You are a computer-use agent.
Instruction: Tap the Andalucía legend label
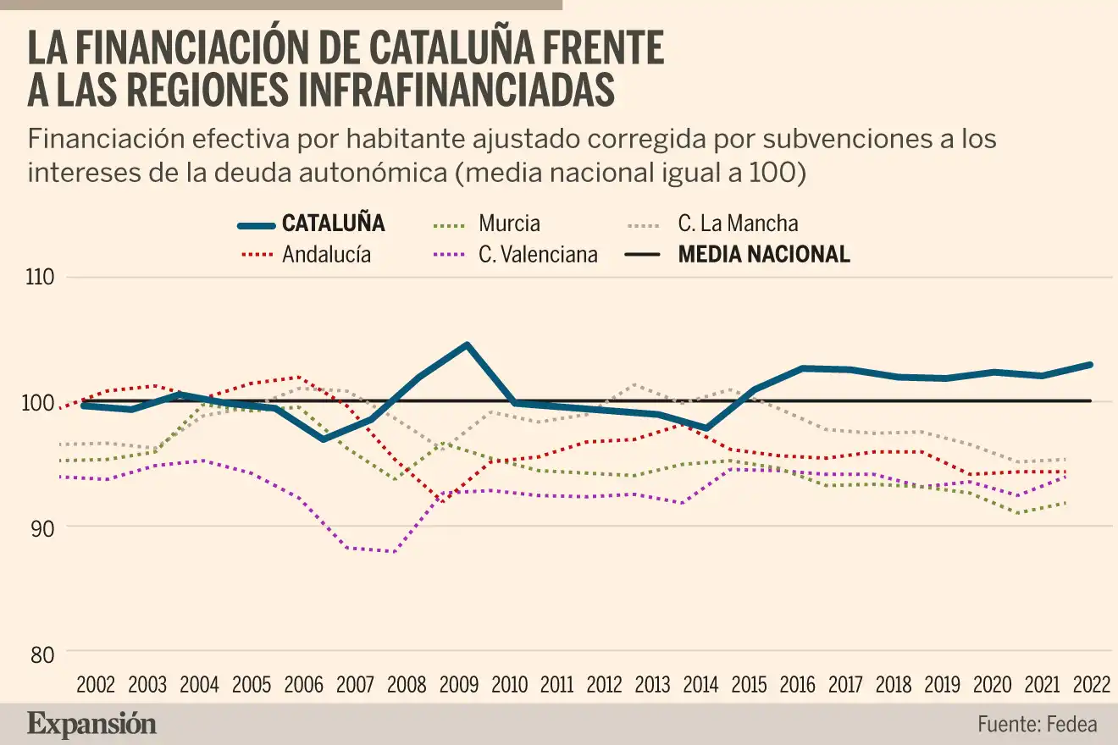click(326, 254)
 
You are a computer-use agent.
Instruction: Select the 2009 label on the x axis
click(461, 684)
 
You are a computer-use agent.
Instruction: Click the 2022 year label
click(1091, 684)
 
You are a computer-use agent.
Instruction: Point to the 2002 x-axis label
click(97, 684)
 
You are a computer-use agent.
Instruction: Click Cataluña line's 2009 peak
click(466, 345)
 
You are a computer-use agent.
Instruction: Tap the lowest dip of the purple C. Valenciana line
click(394, 551)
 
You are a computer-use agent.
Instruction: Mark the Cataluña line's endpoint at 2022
click(1090, 365)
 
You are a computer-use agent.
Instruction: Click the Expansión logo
click(92, 724)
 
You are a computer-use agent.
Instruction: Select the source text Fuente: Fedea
click(1037, 725)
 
